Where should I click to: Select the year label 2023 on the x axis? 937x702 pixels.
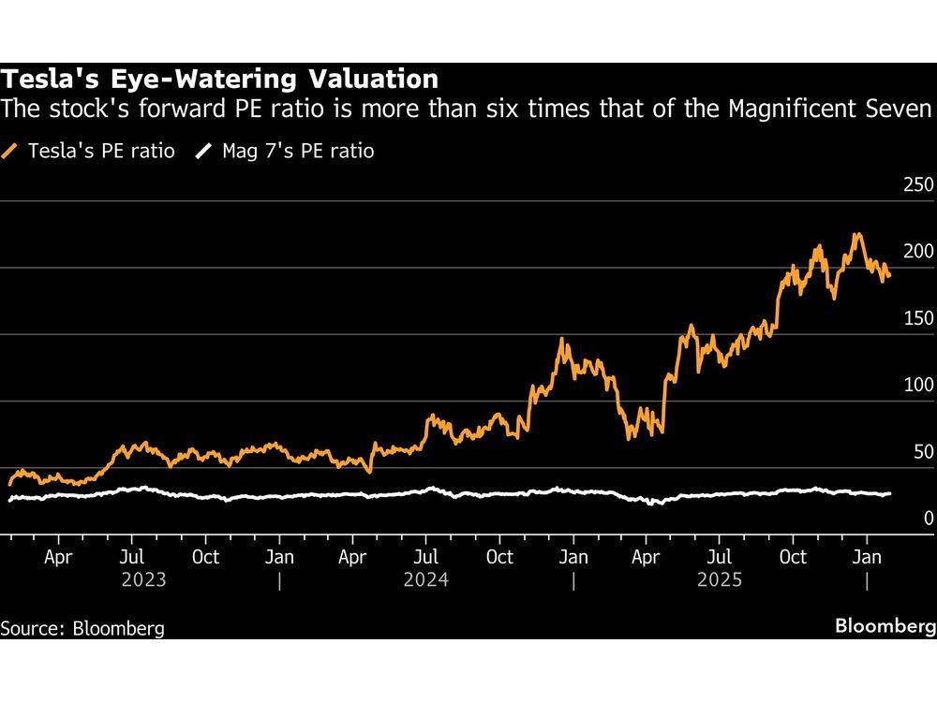click(144, 579)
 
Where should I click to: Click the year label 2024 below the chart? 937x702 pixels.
click(425, 579)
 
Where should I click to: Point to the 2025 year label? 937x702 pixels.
click(720, 579)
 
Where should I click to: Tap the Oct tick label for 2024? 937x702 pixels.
click(500, 557)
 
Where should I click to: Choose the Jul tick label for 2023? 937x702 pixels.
click(132, 557)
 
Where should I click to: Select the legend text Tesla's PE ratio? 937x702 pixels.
click(100, 151)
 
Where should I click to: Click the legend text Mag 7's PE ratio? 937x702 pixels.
click(297, 151)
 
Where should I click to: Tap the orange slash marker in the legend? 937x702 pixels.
click(10, 151)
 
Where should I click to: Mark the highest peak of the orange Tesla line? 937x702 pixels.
click(855, 234)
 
